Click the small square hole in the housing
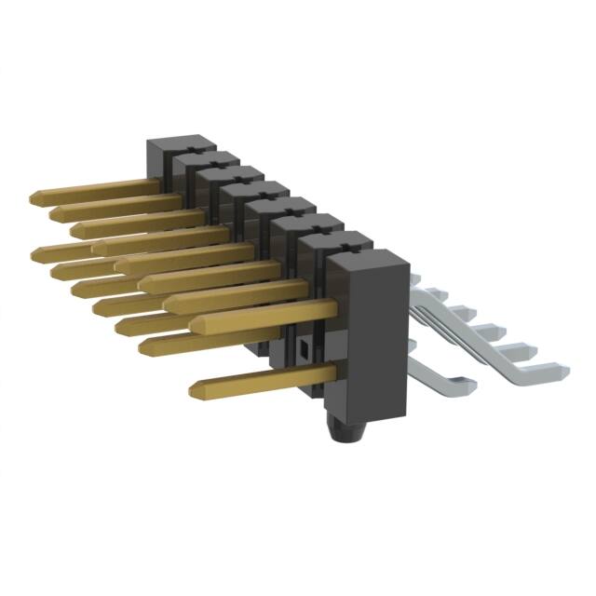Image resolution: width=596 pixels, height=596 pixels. (304, 351)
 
